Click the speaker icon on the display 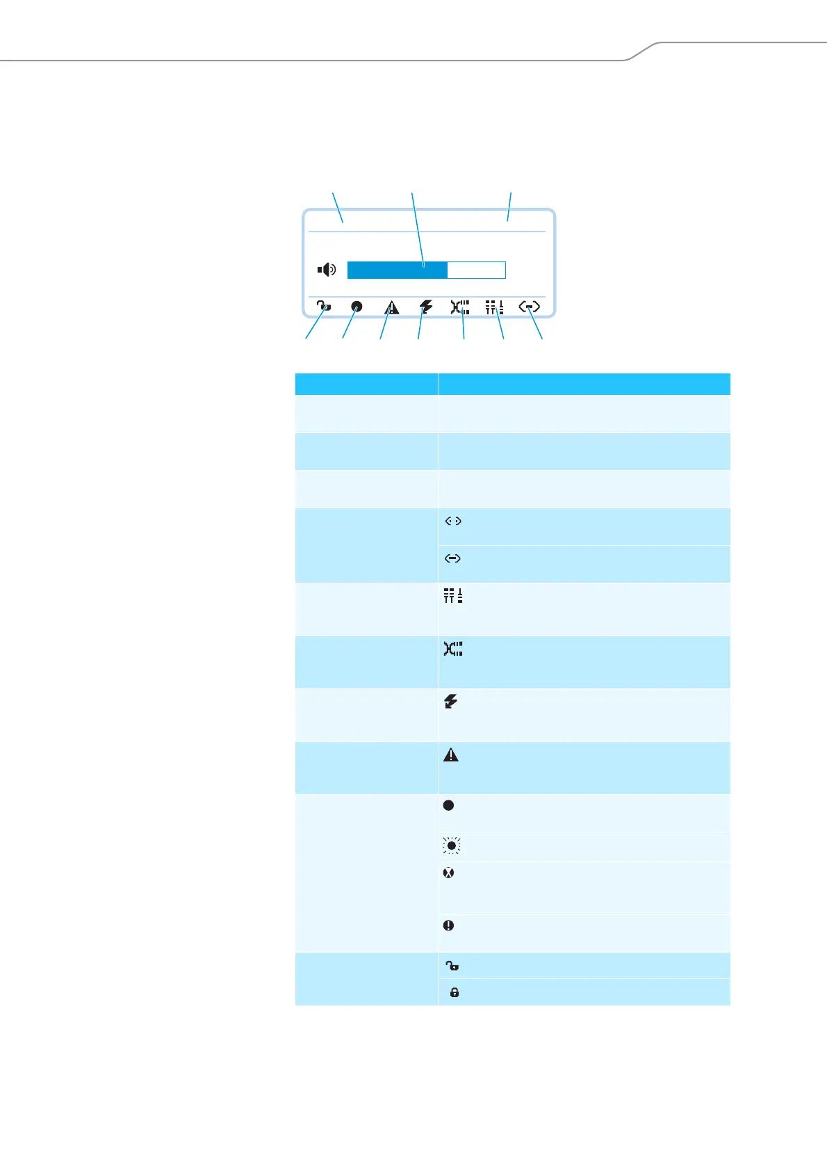click(327, 269)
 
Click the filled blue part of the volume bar click(397, 270)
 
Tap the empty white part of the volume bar click(476, 270)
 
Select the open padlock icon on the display click(324, 307)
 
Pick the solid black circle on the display click(357, 307)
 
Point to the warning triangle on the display click(392, 307)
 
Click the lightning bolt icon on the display click(426, 307)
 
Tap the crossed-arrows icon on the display click(459, 307)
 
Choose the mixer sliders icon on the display click(494, 307)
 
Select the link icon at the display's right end click(530, 307)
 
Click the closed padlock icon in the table click(455, 992)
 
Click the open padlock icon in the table click(452, 965)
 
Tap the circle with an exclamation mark click(449, 926)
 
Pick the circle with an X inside click(449, 873)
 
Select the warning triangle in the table click(451, 754)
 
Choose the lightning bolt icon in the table click(451, 702)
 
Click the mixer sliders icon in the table click(453, 596)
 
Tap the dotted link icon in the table click(453, 522)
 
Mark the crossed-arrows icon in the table click(453, 649)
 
